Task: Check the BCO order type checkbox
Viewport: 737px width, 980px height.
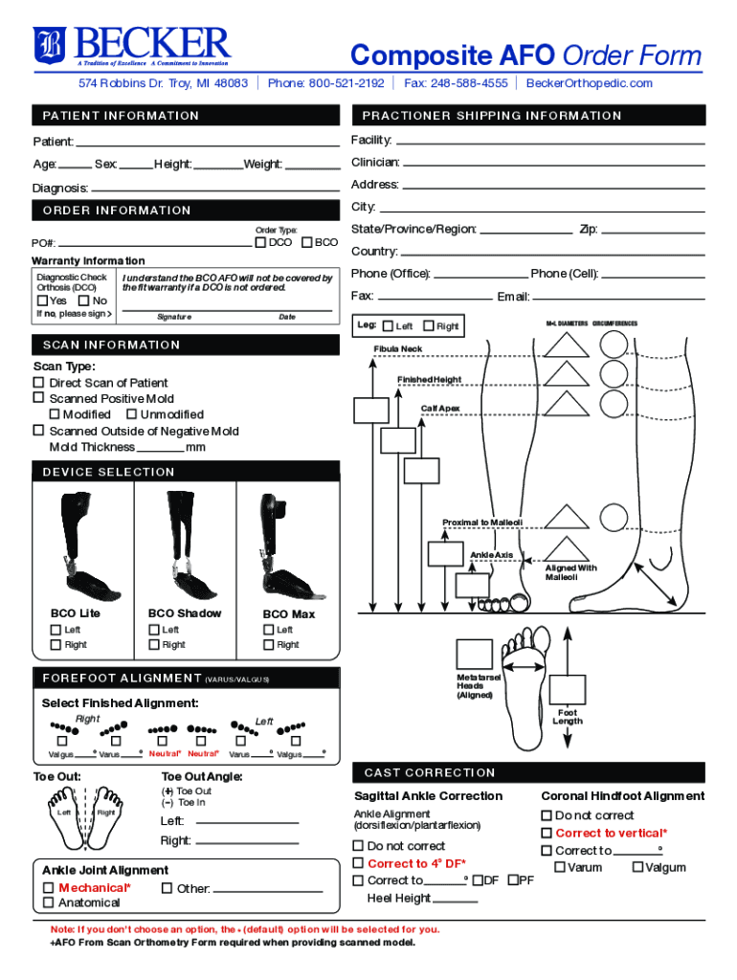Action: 307,242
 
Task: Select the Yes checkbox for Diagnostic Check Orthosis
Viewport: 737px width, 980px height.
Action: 41,301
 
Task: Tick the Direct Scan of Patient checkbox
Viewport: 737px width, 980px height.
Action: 39,383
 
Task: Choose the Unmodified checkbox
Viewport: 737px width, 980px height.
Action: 131,414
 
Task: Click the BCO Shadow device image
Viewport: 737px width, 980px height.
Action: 185,543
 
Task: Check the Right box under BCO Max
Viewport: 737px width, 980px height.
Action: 268,645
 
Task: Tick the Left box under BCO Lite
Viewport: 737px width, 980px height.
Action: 56,629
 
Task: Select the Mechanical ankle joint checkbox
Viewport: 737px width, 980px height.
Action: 48,887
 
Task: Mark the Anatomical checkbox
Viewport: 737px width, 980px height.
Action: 48,902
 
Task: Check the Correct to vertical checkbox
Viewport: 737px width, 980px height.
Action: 547,833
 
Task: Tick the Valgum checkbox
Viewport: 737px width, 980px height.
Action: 636,867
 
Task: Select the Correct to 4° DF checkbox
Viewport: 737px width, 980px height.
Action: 358,863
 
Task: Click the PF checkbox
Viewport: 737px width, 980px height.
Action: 513,880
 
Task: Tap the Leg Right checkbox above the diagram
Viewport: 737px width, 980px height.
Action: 428,326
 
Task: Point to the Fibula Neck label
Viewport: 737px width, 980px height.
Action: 397,349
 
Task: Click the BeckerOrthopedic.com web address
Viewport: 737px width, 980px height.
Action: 590,83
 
